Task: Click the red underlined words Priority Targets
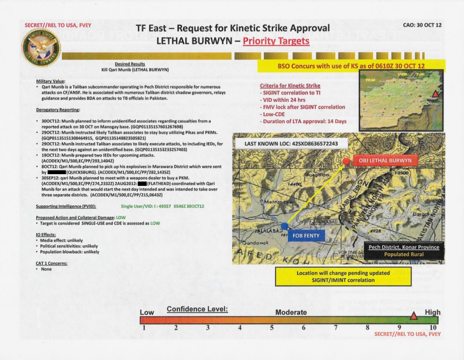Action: pyautogui.click(x=276, y=41)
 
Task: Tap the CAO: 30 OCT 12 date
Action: pyautogui.click(x=422, y=25)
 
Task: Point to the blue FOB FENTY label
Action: pyautogui.click(x=306, y=235)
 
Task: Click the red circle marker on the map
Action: pyautogui.click(x=346, y=161)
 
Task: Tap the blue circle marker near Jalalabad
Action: pyautogui.click(x=284, y=225)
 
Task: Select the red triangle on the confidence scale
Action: pyautogui.click(x=413, y=316)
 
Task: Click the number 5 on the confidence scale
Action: pyautogui.click(x=271, y=328)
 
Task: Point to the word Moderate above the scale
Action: pyautogui.click(x=291, y=312)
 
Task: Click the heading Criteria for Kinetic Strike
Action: pyautogui.click(x=290, y=86)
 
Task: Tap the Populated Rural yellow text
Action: pyautogui.click(x=404, y=254)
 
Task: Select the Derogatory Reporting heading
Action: pyautogui.click(x=58, y=110)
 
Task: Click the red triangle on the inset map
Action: pyautogui.click(x=435, y=94)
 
